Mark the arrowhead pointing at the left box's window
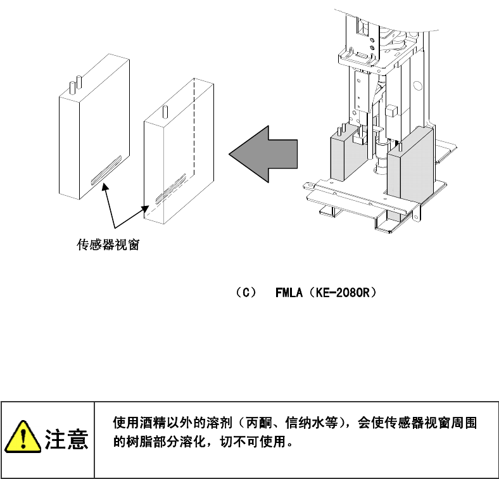coord(105,184)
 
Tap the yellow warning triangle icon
coord(25,437)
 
